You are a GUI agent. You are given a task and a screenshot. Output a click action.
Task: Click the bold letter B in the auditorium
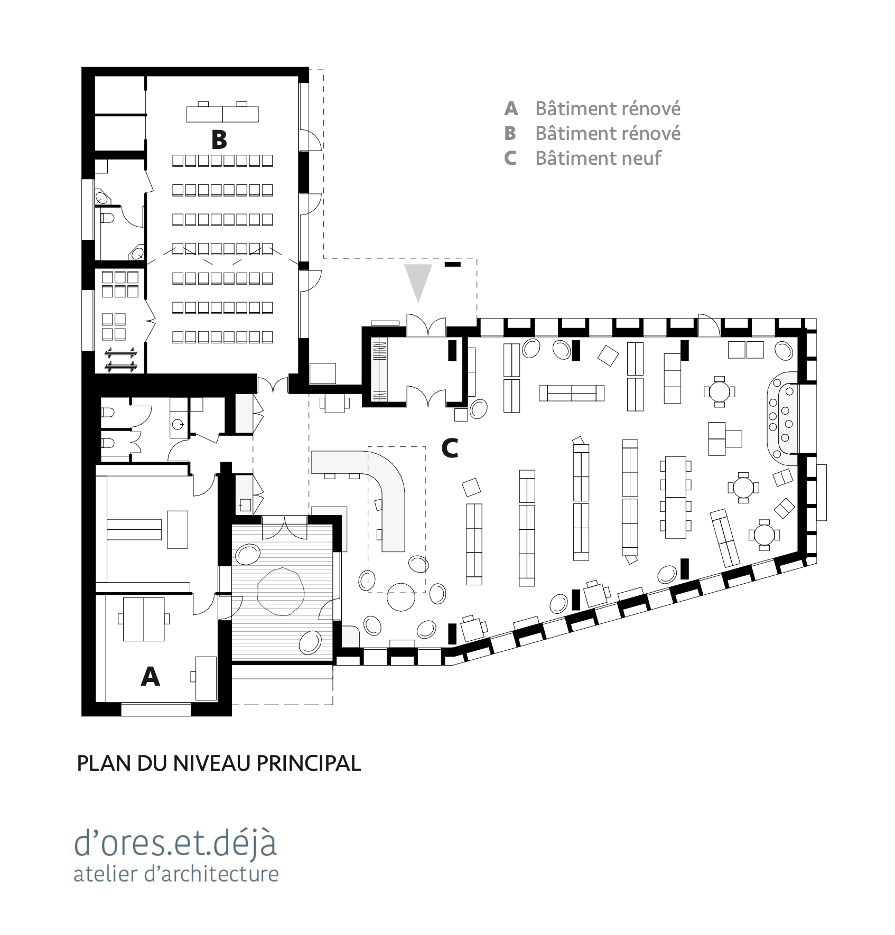click(219, 140)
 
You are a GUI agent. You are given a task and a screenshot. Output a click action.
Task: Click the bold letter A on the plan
click(151, 676)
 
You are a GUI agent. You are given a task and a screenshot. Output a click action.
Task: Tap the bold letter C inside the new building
click(450, 448)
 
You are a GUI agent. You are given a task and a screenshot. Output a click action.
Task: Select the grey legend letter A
click(511, 109)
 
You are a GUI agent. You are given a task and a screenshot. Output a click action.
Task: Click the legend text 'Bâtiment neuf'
click(598, 158)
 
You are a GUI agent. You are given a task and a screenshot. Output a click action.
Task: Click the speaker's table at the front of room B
click(223, 113)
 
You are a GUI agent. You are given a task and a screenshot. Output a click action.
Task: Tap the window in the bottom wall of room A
click(156, 709)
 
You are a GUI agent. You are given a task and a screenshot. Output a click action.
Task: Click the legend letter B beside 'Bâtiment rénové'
click(510, 133)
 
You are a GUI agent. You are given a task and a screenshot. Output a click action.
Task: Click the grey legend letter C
click(510, 158)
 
